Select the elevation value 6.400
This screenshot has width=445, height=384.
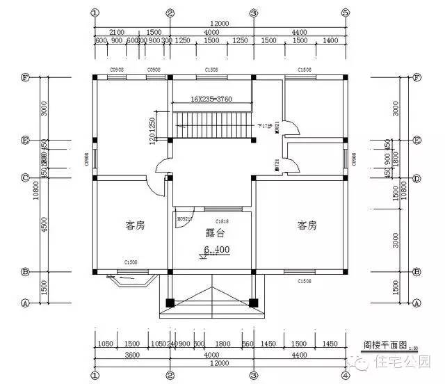coord(216,249)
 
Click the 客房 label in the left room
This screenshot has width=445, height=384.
coord(135,225)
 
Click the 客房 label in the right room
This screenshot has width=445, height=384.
coord(307,225)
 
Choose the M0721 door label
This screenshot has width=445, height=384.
coord(277,166)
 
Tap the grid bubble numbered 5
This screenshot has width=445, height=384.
coord(345,13)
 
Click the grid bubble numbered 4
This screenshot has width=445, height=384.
coord(345,376)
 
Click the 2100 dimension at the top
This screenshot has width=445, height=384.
coord(117,32)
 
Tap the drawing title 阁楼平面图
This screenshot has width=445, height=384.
coord(382,344)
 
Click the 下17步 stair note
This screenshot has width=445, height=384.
coord(264,127)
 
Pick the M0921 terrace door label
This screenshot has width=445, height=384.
coord(183,219)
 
